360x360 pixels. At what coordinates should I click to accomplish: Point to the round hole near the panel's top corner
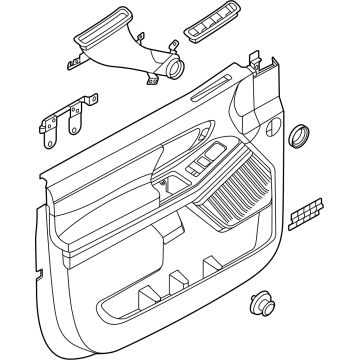[272, 126]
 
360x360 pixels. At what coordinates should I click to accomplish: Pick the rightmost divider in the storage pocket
[211, 267]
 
